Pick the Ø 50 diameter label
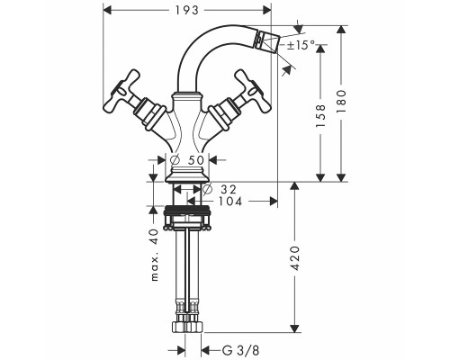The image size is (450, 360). [x=186, y=161]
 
